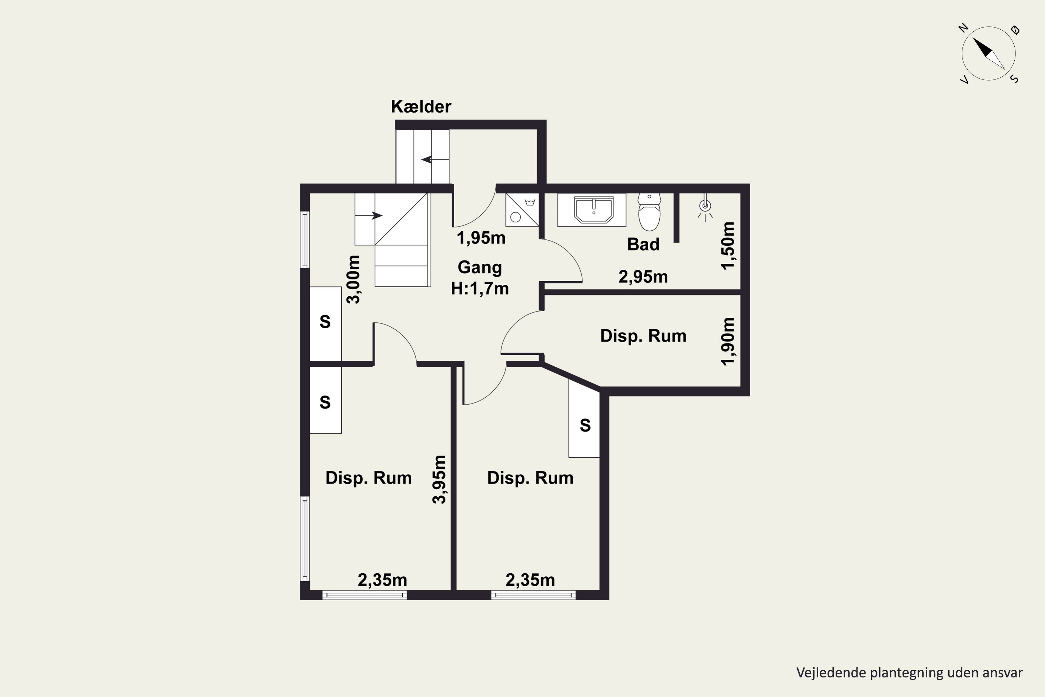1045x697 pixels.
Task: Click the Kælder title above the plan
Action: pyautogui.click(x=421, y=107)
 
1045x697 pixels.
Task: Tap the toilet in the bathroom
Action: pyautogui.click(x=649, y=212)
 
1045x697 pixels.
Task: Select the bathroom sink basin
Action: pyautogui.click(x=594, y=210)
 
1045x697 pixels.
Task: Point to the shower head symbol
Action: pyautogui.click(x=705, y=206)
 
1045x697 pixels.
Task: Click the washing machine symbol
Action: pyautogui.click(x=522, y=210)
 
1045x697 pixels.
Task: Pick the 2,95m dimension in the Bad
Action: pyautogui.click(x=643, y=277)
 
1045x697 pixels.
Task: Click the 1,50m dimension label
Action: pyautogui.click(x=728, y=245)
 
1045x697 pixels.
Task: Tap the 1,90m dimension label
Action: pyautogui.click(x=728, y=342)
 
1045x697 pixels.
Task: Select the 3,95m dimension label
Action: pyautogui.click(x=439, y=479)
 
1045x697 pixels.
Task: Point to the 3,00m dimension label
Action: pyautogui.click(x=354, y=279)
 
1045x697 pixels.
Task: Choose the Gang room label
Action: pyautogui.click(x=480, y=268)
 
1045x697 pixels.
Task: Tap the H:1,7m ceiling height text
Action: pyautogui.click(x=480, y=289)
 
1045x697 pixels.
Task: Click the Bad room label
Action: pyautogui.click(x=643, y=245)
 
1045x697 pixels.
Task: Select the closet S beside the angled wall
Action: pyautogui.click(x=585, y=426)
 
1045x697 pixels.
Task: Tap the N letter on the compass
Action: pyautogui.click(x=963, y=28)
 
